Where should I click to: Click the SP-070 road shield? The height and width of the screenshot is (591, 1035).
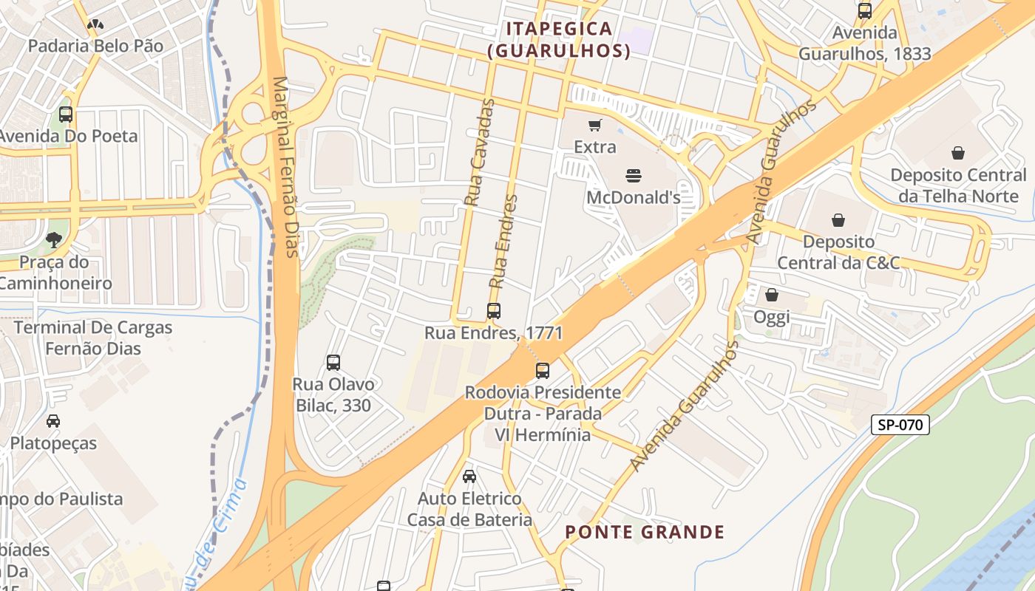point(900,425)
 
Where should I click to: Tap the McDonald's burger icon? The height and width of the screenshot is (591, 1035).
point(634,176)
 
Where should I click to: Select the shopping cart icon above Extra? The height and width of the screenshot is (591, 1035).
point(594,126)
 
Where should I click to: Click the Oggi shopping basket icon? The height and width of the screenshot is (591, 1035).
point(772,295)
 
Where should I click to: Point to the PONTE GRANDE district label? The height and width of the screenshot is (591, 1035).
point(645,532)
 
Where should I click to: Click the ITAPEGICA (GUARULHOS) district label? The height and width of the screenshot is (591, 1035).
point(559,40)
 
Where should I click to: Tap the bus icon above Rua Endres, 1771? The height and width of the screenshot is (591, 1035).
point(494,311)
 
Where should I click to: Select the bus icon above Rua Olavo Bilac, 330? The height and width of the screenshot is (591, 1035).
point(333,363)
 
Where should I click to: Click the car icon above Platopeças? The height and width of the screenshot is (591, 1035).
point(53,421)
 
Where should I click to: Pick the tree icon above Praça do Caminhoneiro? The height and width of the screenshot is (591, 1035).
point(53,239)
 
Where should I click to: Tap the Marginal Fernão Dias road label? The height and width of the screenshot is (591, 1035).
point(285,167)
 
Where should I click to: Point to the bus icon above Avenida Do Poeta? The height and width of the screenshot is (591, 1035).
point(66,115)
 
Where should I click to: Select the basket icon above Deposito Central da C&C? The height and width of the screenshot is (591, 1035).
point(838,220)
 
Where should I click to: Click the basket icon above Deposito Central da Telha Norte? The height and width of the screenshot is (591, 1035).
point(958,153)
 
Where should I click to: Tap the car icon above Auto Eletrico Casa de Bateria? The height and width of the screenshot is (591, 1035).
point(469,476)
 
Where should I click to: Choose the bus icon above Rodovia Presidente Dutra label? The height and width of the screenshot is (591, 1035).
point(543,370)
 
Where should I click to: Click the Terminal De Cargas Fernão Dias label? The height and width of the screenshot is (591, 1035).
point(93,338)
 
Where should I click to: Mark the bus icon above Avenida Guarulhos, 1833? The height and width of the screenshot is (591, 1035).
point(864,11)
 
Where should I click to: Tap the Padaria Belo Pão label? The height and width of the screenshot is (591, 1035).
point(95,46)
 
